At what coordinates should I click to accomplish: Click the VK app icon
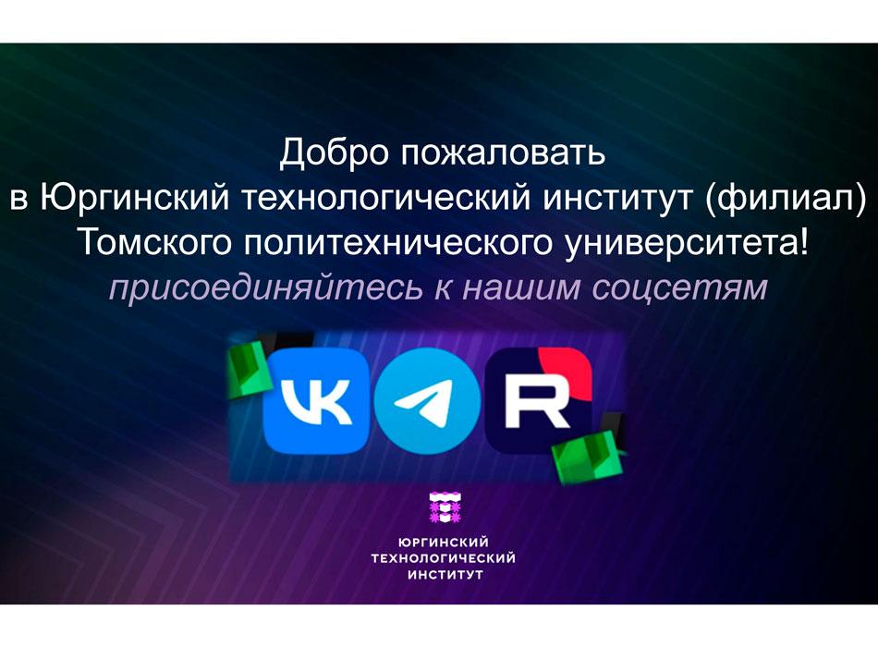pos(316,400)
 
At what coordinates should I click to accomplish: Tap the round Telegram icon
pos(427,400)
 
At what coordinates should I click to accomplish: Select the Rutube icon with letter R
pos(539,400)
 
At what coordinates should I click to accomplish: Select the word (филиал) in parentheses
pos(786,199)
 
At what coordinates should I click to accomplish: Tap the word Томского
pos(153,243)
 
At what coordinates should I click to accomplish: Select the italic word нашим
pos(520,289)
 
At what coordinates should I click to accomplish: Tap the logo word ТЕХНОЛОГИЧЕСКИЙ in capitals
pos(444,558)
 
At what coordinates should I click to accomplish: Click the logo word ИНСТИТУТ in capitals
pos(445,575)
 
